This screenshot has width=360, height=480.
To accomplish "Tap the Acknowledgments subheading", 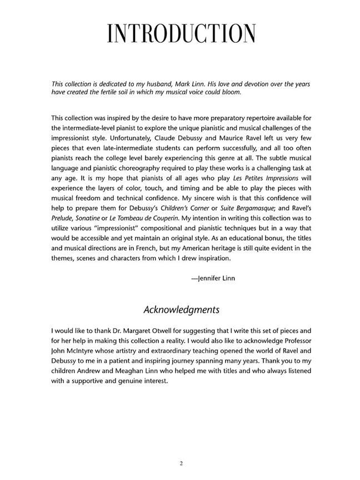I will click(181, 309).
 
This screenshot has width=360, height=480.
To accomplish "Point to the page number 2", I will click(181, 463).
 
